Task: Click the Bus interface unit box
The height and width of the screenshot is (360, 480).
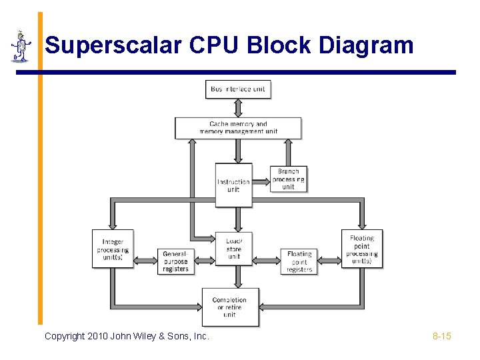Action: pyautogui.click(x=238, y=89)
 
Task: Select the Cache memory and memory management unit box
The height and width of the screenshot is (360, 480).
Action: pyautogui.click(x=238, y=128)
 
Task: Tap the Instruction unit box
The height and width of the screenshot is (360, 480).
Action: pyautogui.click(x=233, y=185)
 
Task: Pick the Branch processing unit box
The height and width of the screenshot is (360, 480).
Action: pyautogui.click(x=288, y=179)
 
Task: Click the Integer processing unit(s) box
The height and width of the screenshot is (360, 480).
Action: pyautogui.click(x=113, y=249)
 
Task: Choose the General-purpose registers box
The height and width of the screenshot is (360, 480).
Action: pyautogui.click(x=176, y=261)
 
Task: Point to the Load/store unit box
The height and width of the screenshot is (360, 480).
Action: pyautogui.click(x=234, y=249)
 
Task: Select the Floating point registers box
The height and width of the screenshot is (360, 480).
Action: pyautogui.click(x=299, y=261)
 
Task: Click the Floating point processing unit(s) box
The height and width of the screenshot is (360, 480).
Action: pyautogui.click(x=362, y=249)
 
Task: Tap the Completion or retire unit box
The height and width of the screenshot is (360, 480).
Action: pyautogui.click(x=230, y=307)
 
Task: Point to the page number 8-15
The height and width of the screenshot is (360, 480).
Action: pyautogui.click(x=441, y=336)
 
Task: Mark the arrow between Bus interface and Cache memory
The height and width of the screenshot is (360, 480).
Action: pyautogui.click(x=238, y=108)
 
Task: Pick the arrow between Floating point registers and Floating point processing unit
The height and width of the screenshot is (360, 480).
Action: pyautogui.click(x=329, y=261)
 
